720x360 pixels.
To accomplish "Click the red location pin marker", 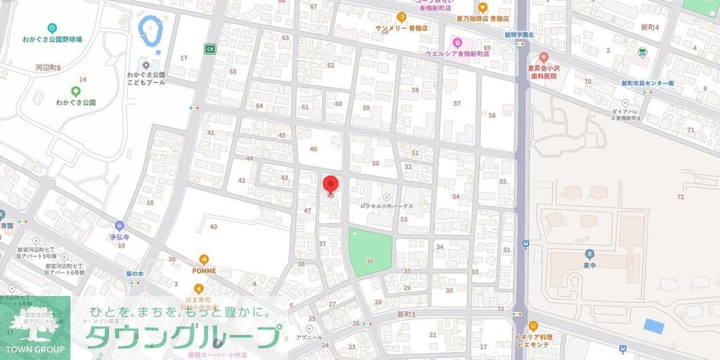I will point(330,184).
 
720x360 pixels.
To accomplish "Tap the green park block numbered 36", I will point(369,252).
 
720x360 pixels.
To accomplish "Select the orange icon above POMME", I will point(204,259).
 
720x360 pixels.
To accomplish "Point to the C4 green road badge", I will point(210,49).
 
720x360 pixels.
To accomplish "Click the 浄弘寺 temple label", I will point(121,237).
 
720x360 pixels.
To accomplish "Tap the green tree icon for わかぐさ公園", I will point(76,91).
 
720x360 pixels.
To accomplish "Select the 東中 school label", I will point(589,265).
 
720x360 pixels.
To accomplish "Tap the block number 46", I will point(314,149).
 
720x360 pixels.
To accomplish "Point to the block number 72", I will point(680,197).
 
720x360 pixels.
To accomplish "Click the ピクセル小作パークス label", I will point(387,207).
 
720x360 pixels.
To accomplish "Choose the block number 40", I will point(213,226).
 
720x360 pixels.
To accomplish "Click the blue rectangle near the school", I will point(654,327).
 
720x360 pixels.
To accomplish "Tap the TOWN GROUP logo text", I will point(35,349).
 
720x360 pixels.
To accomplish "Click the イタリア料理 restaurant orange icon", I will point(532,326).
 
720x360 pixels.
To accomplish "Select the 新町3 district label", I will point(406,314).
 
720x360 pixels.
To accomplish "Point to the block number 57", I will point(457,103).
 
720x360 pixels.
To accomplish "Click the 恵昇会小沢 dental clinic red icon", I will point(543,57).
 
